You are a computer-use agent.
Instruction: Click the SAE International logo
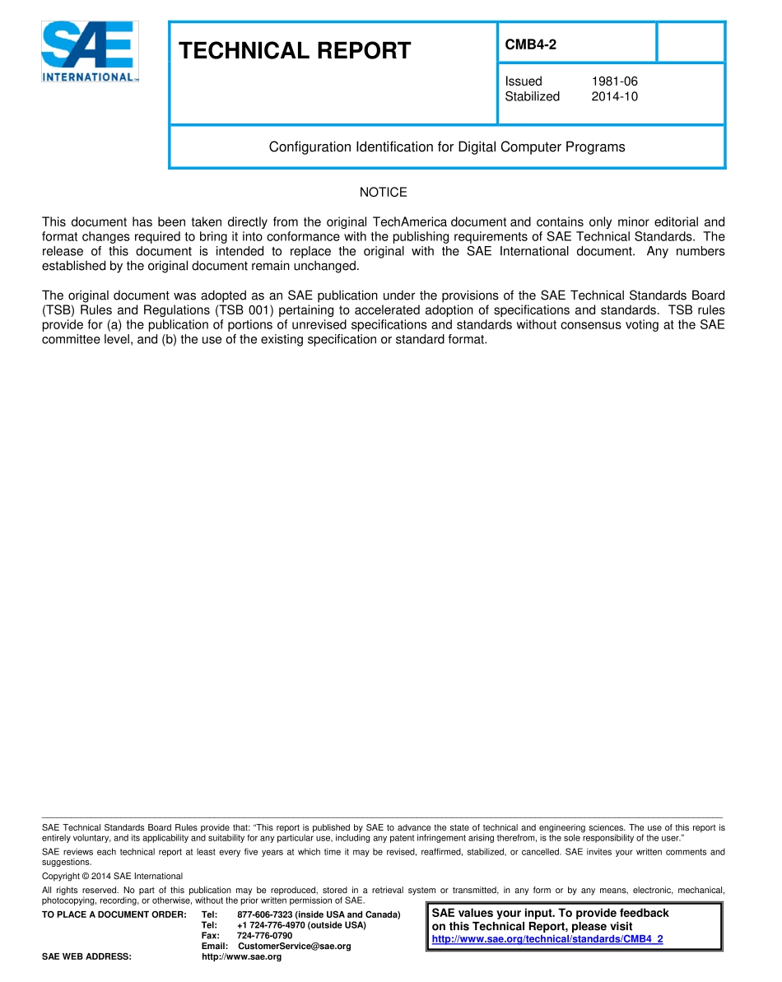click(90, 51)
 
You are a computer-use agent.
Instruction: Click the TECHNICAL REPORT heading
click(295, 51)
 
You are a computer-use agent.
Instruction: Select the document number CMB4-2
click(530, 45)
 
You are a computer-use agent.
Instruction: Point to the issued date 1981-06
click(614, 81)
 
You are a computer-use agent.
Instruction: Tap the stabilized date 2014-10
click(614, 96)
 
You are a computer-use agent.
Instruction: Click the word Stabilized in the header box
click(532, 96)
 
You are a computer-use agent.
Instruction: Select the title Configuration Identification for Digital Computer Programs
click(446, 147)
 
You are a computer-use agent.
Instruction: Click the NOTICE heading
click(383, 193)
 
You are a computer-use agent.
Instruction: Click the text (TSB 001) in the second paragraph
click(241, 310)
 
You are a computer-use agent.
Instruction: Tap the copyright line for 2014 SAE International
click(112, 877)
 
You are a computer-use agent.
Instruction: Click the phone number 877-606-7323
click(267, 915)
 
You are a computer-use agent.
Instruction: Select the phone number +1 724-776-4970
click(271, 925)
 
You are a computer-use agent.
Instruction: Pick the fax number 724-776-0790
click(264, 936)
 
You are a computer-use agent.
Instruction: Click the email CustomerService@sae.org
click(294, 947)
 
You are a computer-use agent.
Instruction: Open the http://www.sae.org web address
click(241, 957)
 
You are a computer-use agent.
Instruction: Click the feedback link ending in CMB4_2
click(547, 939)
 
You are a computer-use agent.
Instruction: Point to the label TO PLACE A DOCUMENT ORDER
click(114, 915)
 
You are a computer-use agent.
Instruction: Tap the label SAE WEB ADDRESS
click(86, 957)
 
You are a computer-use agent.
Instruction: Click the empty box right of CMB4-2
click(691, 42)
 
